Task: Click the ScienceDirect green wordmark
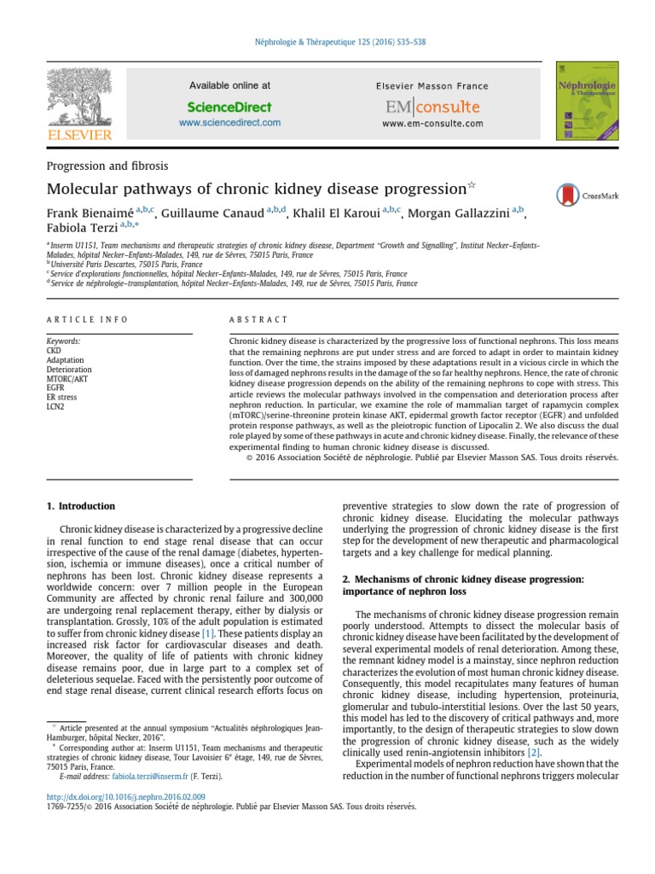[229, 107]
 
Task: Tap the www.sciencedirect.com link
[229, 123]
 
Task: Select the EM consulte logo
[432, 108]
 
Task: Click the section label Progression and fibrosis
[107, 166]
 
